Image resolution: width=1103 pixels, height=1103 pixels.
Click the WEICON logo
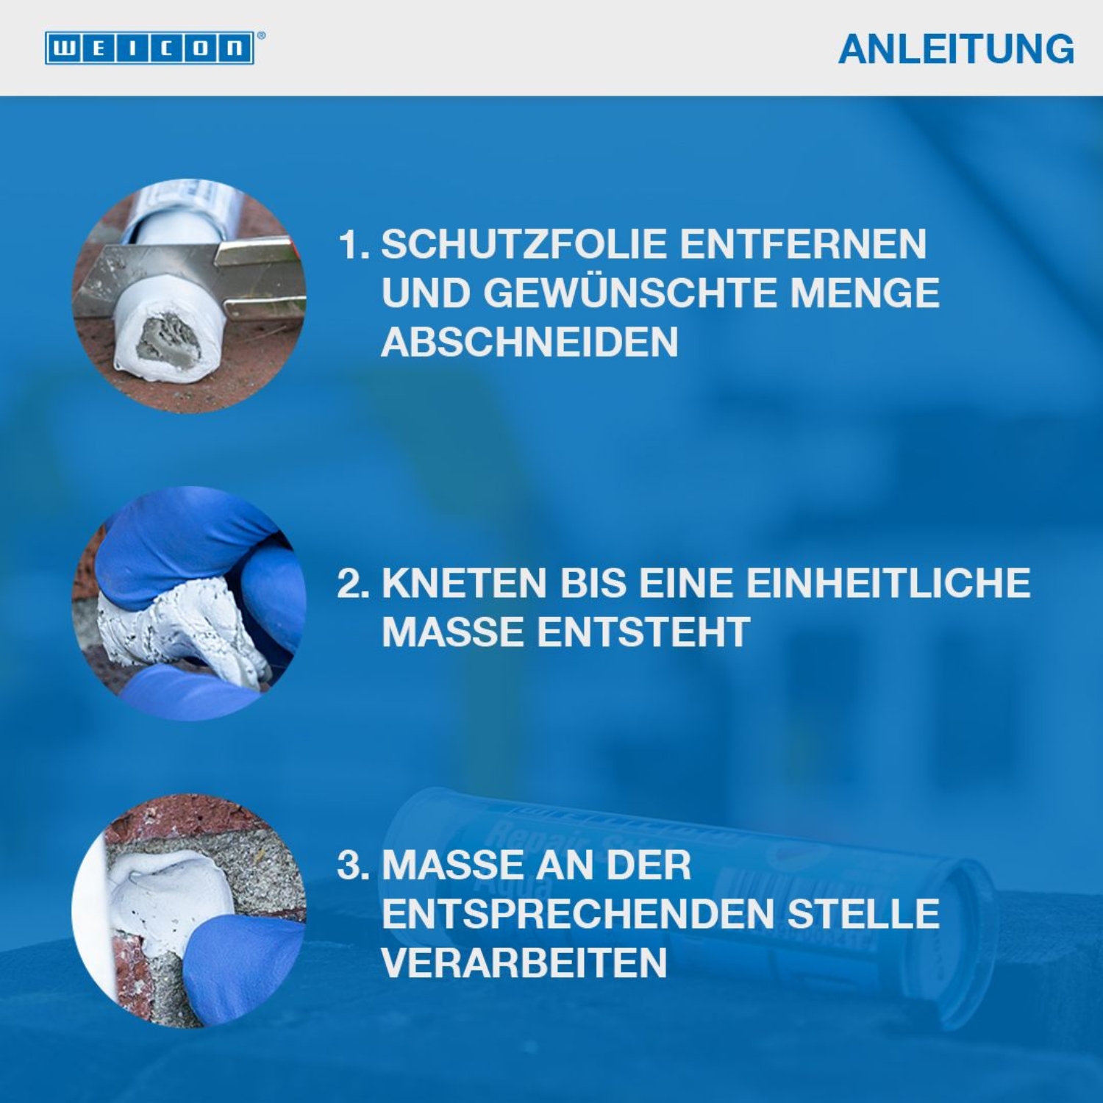[x=150, y=49]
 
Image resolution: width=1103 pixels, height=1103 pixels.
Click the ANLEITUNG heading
[x=956, y=49]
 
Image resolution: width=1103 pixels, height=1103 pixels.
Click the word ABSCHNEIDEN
[x=529, y=342]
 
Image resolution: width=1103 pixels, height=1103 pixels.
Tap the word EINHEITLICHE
[x=888, y=583]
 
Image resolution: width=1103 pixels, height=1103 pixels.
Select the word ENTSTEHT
[x=643, y=632]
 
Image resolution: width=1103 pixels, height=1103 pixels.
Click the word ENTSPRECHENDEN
[x=577, y=914]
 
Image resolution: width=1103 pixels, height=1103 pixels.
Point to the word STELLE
[x=863, y=914]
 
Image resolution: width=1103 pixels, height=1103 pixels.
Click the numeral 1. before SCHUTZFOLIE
[x=354, y=244]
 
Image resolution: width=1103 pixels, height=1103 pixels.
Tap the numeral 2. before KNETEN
[x=353, y=583]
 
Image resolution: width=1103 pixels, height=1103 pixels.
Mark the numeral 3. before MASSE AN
[x=353, y=865]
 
